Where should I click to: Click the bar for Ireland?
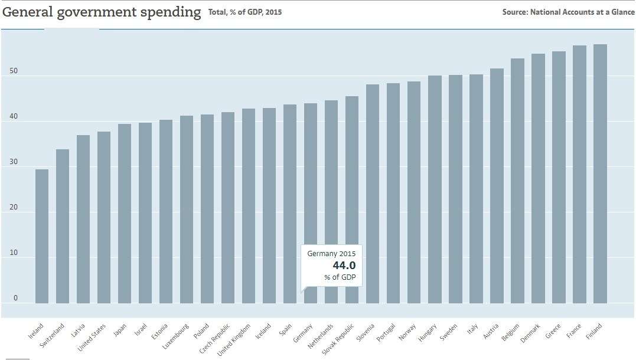point(42,236)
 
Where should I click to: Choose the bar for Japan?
point(125,213)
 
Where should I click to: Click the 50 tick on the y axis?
point(14,71)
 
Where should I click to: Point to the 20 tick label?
point(14,208)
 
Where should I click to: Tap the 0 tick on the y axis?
point(16,299)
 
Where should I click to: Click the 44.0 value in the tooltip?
point(344,265)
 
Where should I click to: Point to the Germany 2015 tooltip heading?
point(332,253)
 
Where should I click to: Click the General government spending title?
point(102,12)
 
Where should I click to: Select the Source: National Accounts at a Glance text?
point(568,12)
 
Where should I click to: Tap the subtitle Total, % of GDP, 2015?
point(245,12)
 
